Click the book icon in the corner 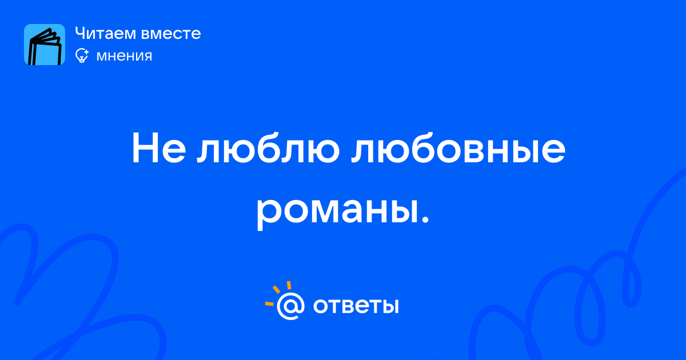coord(45,45)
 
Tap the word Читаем coord(105,33)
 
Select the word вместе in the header coord(171,34)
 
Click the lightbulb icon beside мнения coord(82,55)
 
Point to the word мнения coord(124,56)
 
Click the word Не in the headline coord(159,148)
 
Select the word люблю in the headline coord(268,148)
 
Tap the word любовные coord(458,148)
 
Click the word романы coord(337,211)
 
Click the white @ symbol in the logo coord(290,306)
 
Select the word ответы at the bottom coord(356,306)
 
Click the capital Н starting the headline coord(145,148)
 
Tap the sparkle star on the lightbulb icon coord(86,52)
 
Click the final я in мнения coord(147,57)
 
